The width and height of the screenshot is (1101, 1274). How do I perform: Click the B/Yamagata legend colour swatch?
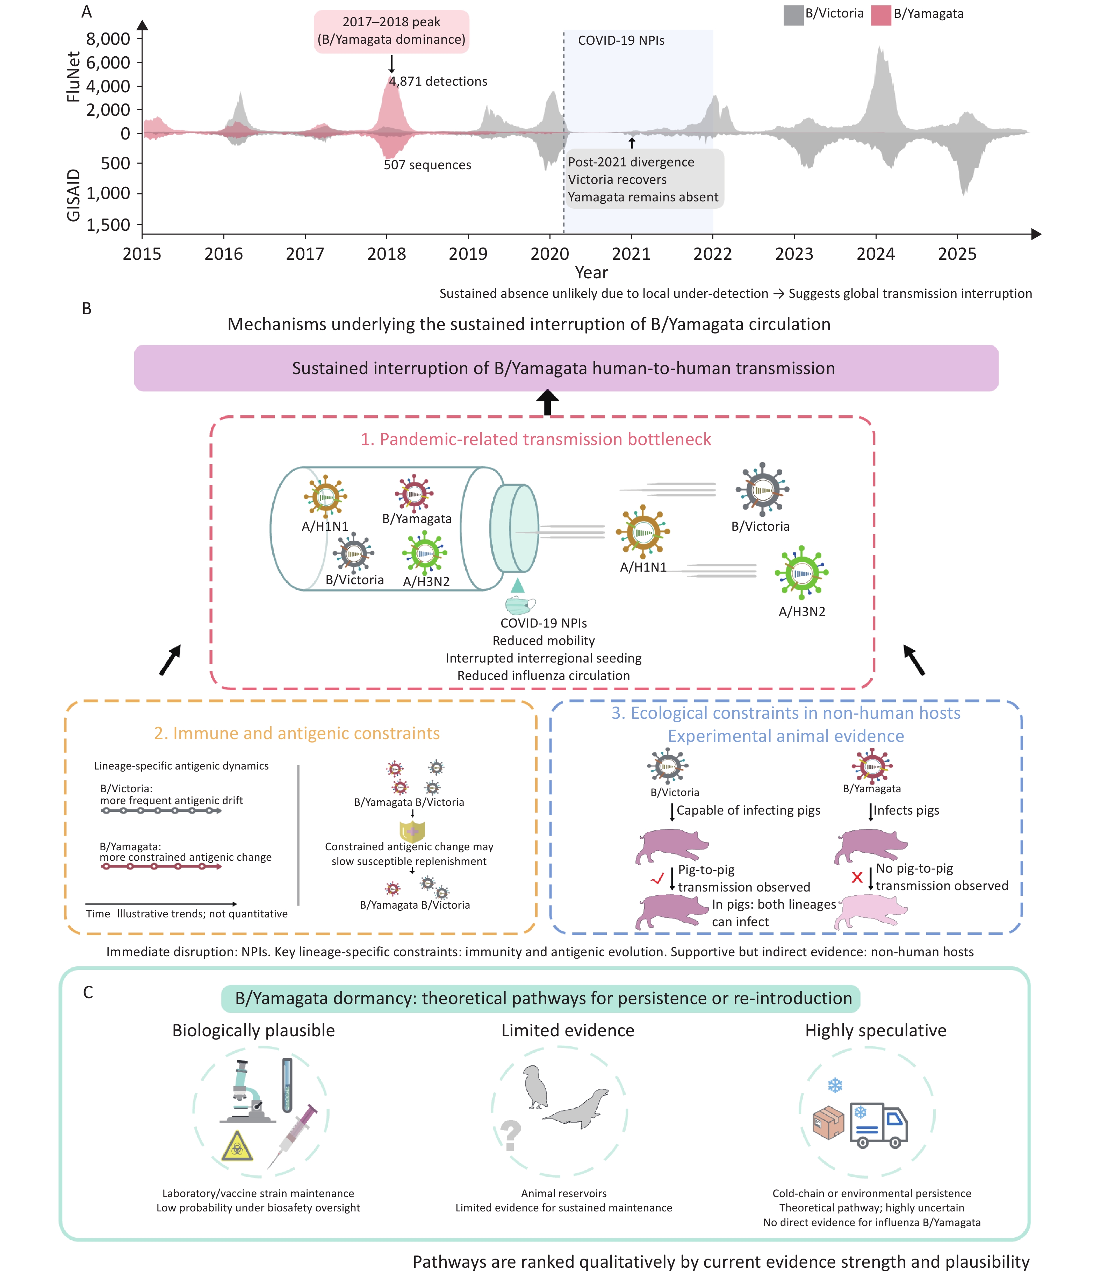pos(881,15)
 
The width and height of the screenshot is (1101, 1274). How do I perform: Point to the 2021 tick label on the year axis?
pos(631,254)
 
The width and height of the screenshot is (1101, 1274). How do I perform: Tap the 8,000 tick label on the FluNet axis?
pos(108,39)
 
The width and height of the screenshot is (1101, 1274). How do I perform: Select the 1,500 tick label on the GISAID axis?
pos(108,225)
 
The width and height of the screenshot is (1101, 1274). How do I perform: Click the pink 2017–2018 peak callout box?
pos(391,31)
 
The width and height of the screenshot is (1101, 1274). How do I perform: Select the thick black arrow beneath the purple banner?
pos(547,403)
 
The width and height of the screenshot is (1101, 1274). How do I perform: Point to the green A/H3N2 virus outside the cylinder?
pos(801,572)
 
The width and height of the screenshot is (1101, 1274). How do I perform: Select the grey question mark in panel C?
pos(510,1136)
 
